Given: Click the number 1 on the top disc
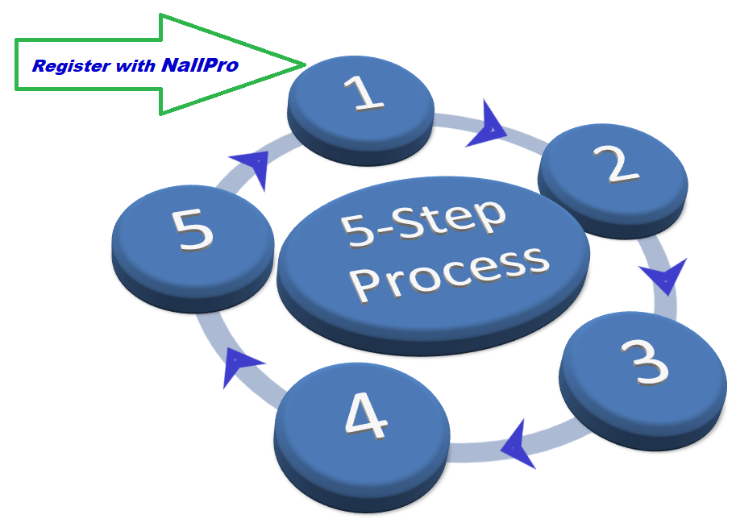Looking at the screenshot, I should pos(364,93).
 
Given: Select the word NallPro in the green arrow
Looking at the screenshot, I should pos(199,65).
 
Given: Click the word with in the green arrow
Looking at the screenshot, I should pos(134,66).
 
